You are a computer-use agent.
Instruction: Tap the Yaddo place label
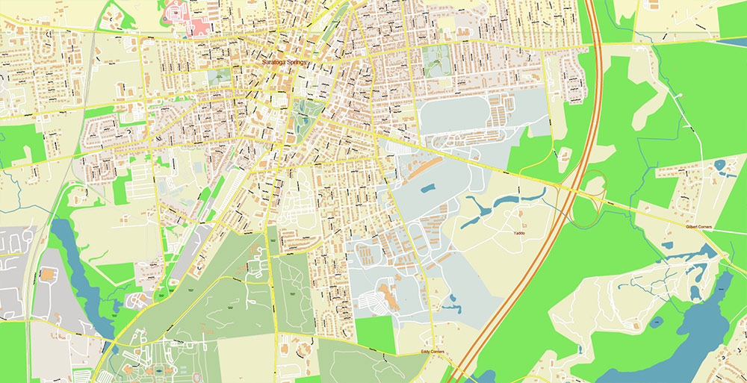point(518,232)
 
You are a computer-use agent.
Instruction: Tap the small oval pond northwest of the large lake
point(657,323)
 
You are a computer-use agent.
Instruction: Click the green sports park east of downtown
point(436,60)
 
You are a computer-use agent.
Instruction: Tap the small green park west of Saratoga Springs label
point(219,76)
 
